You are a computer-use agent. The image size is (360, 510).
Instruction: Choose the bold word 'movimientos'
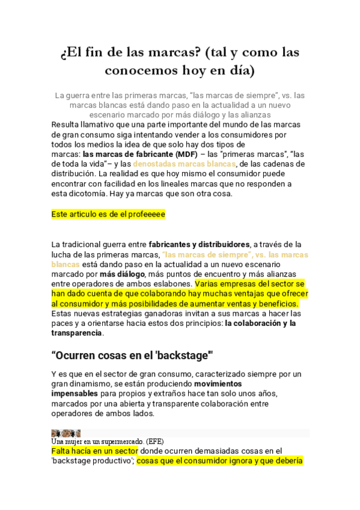pos(218,383)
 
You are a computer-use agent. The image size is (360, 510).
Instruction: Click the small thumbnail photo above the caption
pos(66,433)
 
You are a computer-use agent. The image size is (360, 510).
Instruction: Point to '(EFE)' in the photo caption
pos(163,441)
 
